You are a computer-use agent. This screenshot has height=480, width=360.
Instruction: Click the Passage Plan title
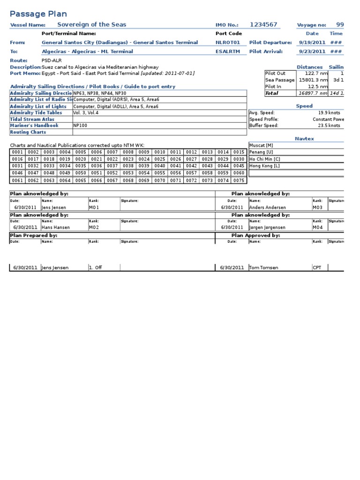pos(38,14)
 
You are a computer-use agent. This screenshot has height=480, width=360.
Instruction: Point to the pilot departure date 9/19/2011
pos(312,43)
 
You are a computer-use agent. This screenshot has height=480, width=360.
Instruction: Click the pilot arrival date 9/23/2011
pos(312,52)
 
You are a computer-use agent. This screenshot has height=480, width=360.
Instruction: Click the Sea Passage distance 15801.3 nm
pos(312,80)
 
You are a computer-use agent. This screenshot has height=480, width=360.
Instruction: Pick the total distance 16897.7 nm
pos(312,93)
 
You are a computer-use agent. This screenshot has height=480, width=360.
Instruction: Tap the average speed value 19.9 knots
pos(329,113)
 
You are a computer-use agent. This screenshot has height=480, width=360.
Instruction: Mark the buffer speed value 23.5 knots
pos(329,126)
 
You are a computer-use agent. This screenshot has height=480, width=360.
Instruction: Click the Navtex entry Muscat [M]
pos(261,145)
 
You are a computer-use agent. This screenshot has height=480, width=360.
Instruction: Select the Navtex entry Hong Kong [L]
pos(264,165)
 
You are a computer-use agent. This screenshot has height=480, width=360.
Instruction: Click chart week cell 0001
pos(17,152)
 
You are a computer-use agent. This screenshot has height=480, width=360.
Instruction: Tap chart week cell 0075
pos(239,180)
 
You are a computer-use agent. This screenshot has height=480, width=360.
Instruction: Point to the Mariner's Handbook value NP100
pos(80,126)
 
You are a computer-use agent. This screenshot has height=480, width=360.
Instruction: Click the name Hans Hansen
pos(56,227)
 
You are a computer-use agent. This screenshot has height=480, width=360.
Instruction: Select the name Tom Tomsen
pos(264,268)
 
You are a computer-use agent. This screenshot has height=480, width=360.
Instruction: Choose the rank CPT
pos(317,268)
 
